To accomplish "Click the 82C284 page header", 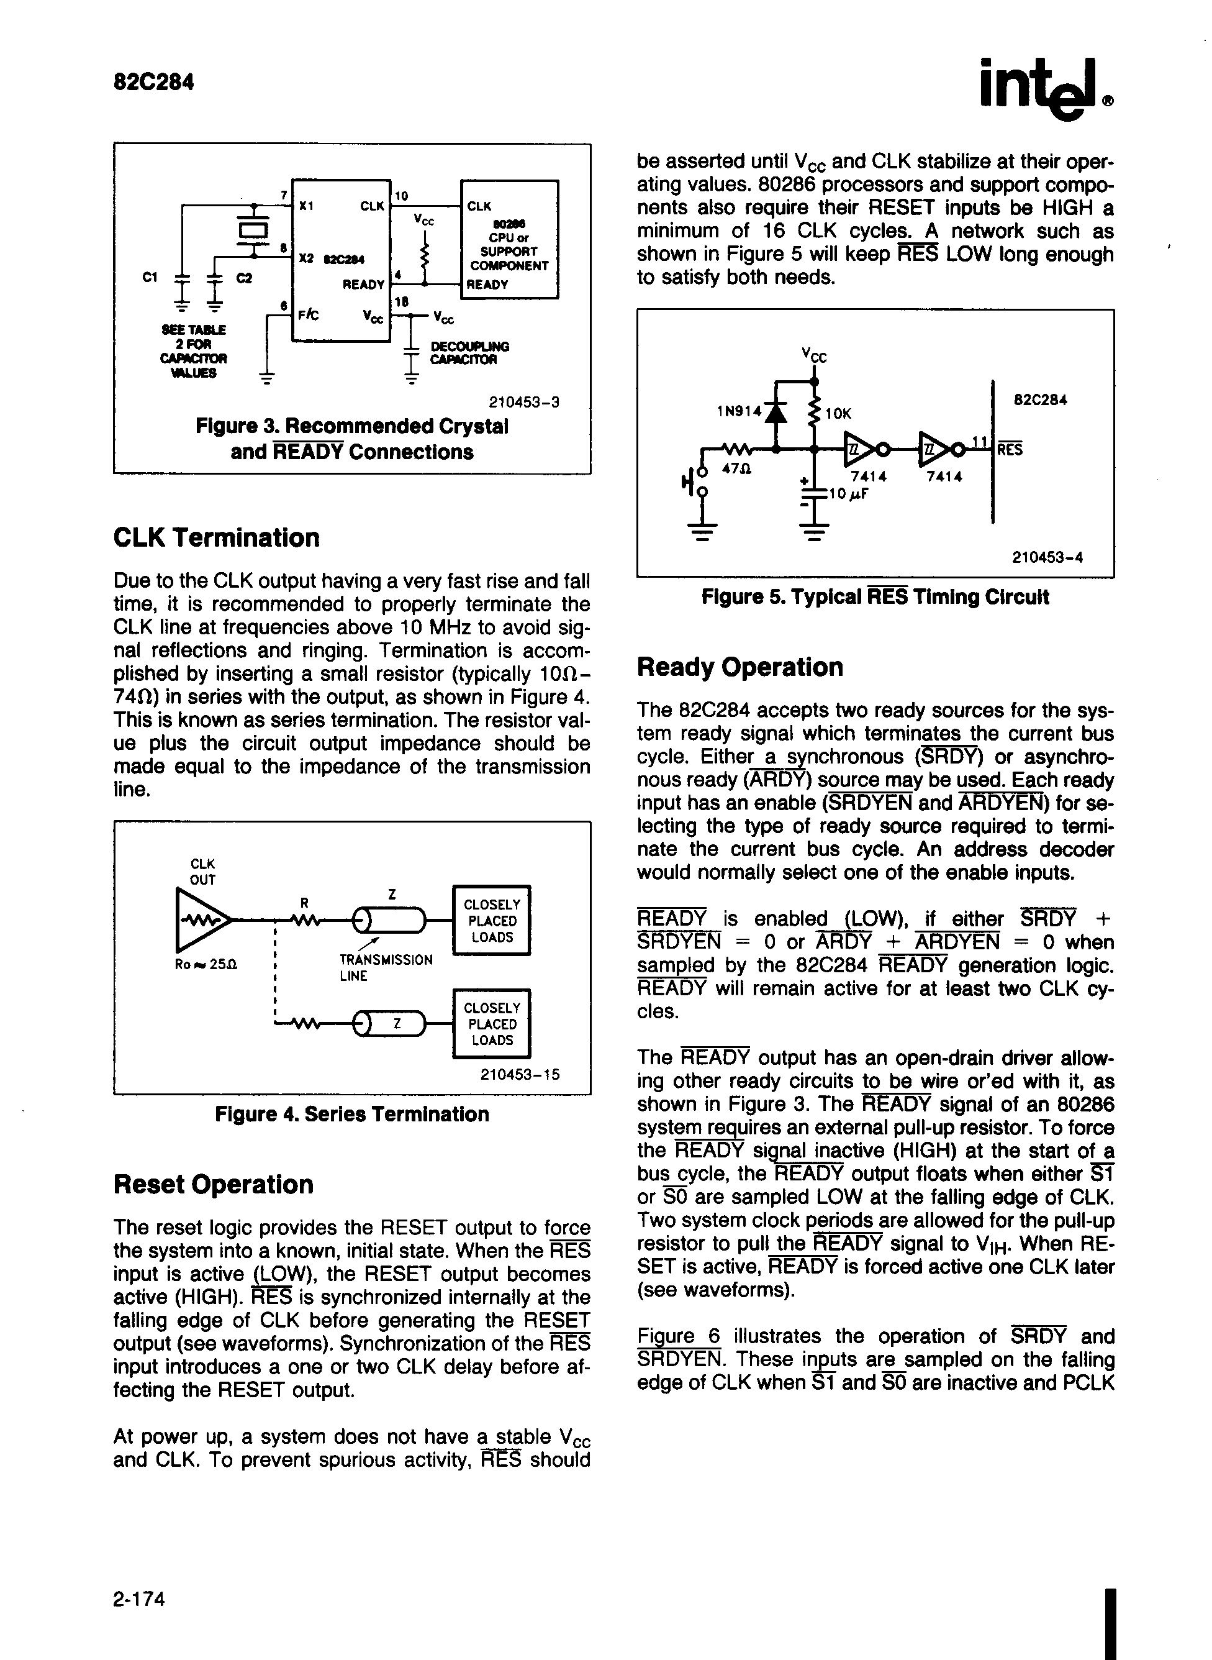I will (153, 81).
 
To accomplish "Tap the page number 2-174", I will (140, 1598).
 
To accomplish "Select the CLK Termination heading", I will (217, 538).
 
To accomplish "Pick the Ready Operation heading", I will (740, 667).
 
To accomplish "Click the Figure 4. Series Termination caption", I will (351, 1114).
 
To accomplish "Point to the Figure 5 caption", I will (874, 596).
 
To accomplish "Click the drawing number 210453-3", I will (524, 402).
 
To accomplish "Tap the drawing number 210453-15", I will (520, 1074).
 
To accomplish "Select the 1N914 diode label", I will (739, 412).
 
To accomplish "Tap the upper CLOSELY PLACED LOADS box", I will (492, 920).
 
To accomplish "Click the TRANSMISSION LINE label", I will (385, 967).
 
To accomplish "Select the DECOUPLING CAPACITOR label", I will (469, 352).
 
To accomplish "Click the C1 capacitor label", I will (150, 278).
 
